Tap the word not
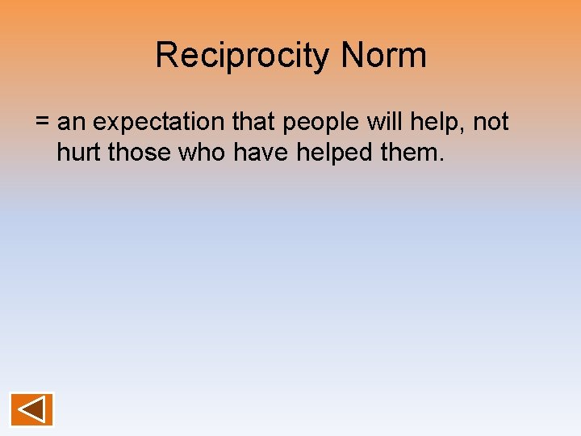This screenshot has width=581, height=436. click(x=491, y=123)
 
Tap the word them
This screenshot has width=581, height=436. click(x=411, y=151)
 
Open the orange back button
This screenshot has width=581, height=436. click(x=31, y=409)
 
